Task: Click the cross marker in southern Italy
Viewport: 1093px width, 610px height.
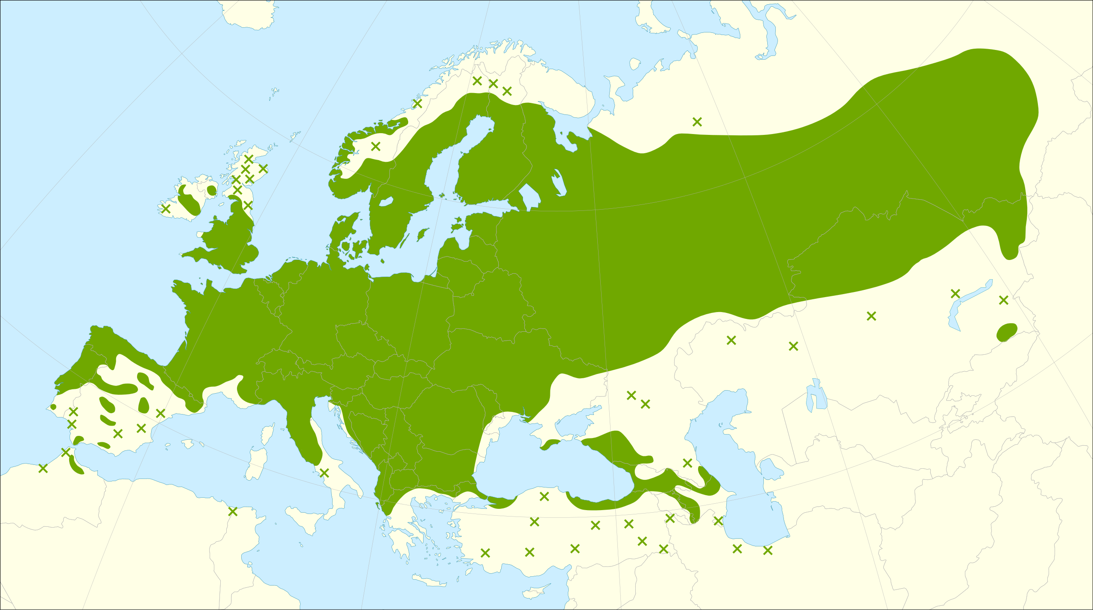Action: click(x=324, y=473)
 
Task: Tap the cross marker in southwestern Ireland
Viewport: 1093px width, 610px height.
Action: click(x=166, y=209)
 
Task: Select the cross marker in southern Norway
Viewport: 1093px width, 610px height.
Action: click(x=375, y=146)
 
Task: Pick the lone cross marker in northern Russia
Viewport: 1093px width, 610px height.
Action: click(x=697, y=122)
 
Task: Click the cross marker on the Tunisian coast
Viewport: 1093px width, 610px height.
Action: click(x=232, y=511)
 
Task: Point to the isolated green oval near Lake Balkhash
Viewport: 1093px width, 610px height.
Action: click(x=1007, y=332)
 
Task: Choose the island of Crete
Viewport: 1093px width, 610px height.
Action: click(x=429, y=581)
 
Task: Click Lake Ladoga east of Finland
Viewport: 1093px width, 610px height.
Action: click(x=529, y=196)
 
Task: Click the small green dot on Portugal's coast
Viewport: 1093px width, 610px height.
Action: click(x=53, y=407)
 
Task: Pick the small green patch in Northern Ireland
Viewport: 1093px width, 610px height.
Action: click(x=211, y=190)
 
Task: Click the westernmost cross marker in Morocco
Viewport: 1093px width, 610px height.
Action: click(x=43, y=468)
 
